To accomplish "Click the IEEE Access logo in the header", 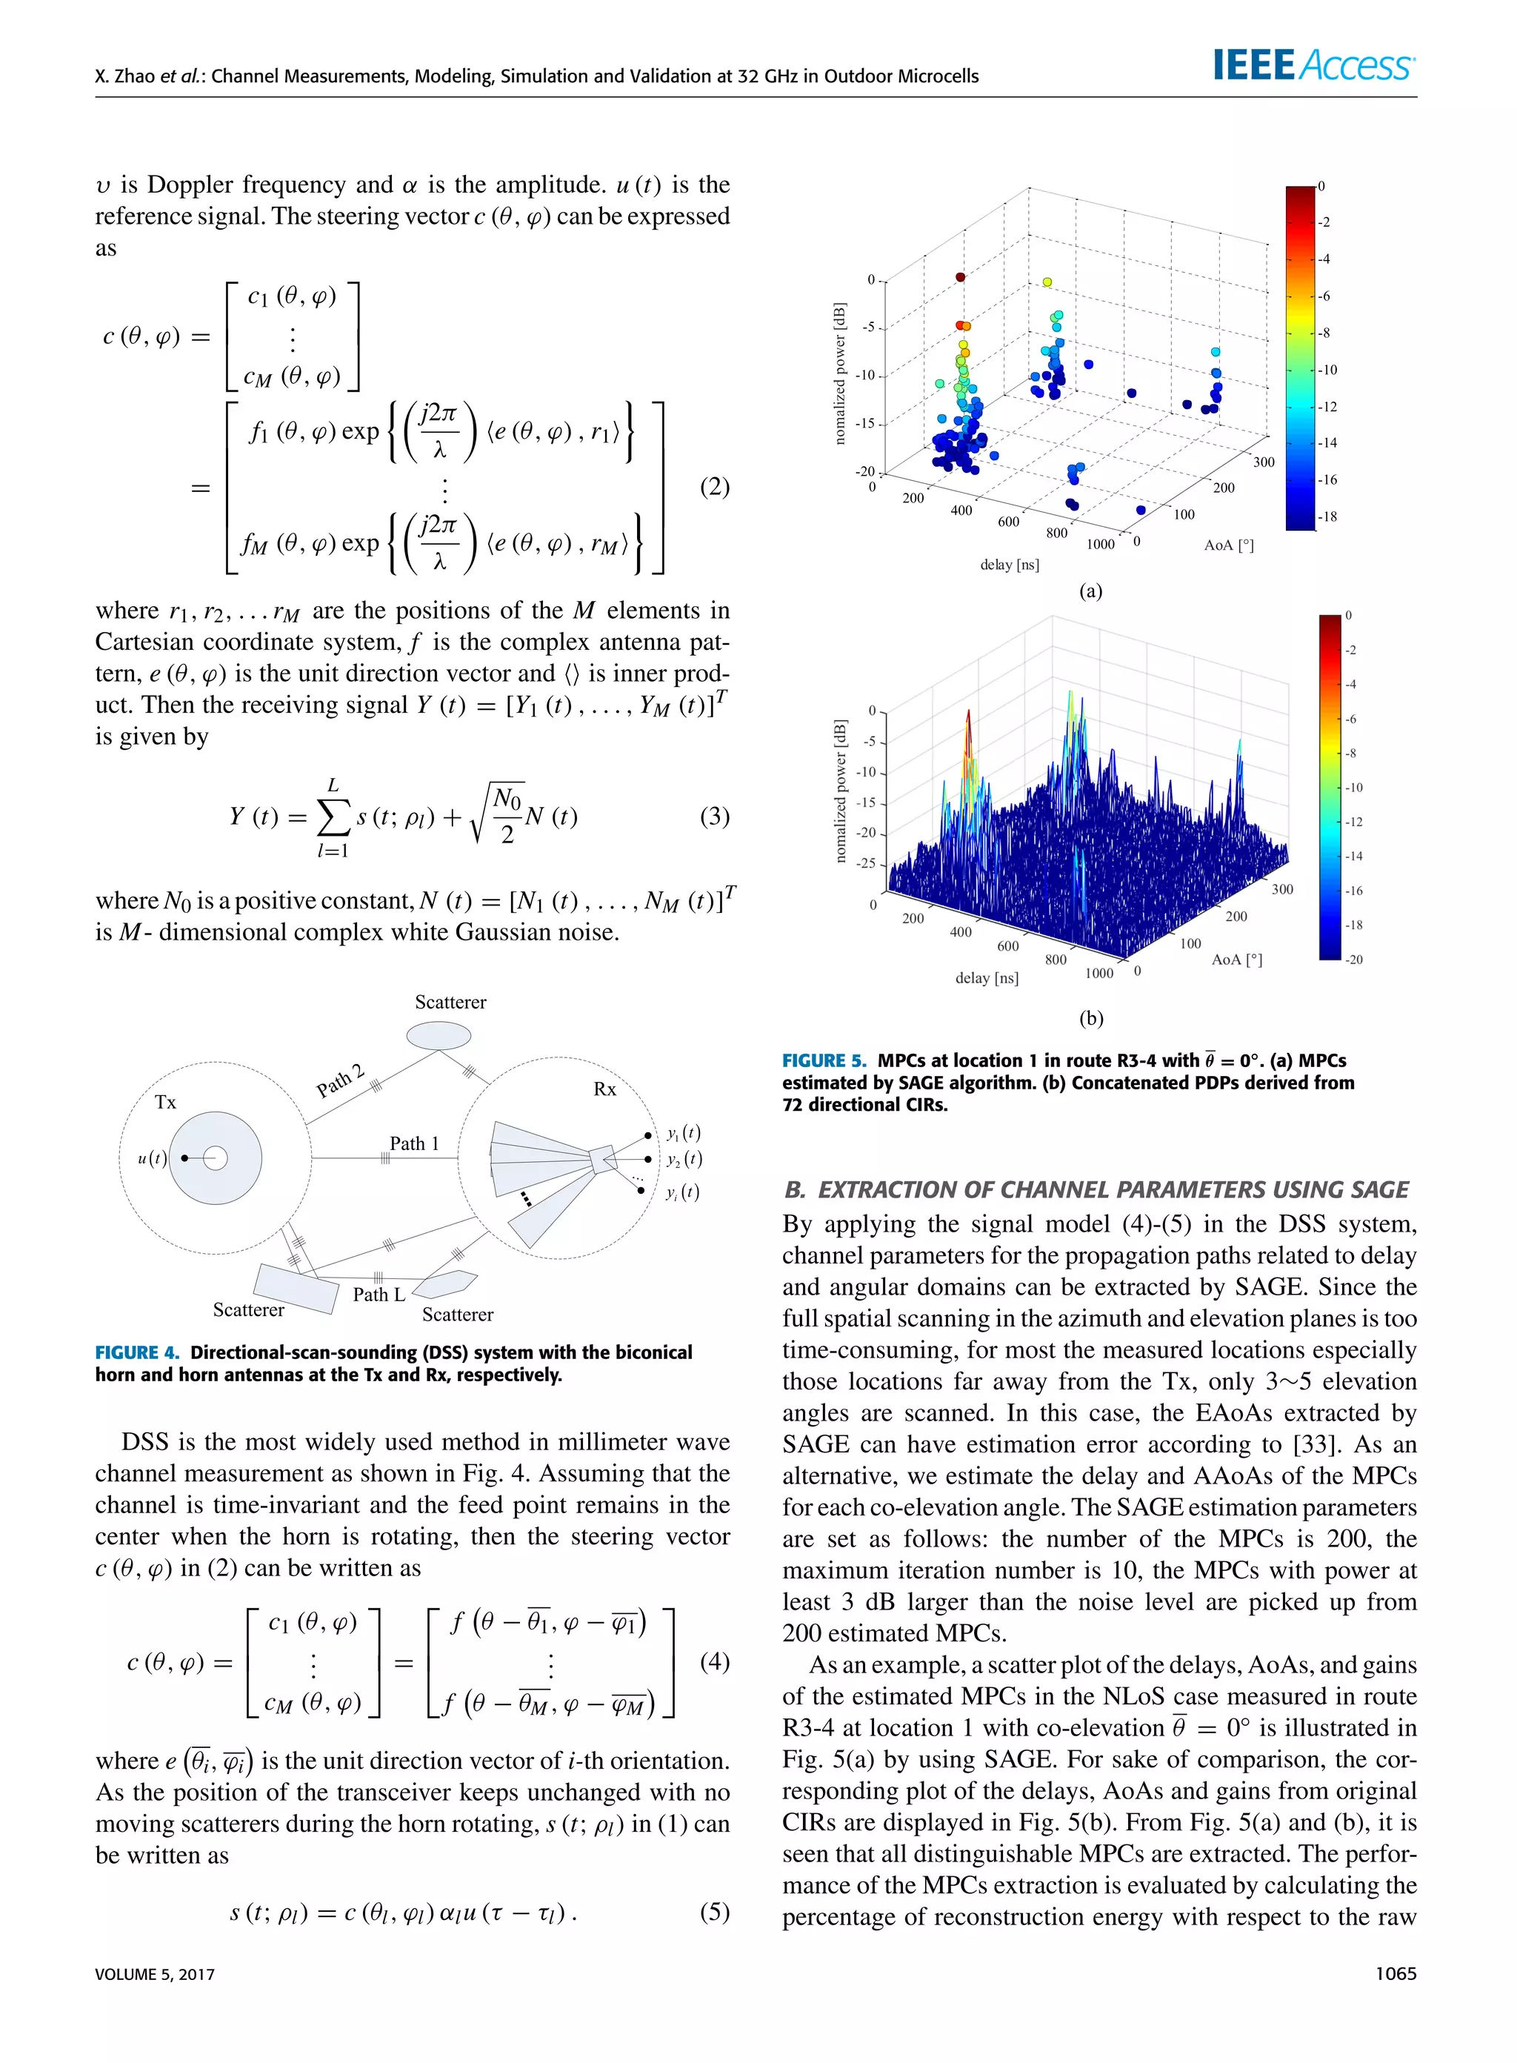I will point(1313,65).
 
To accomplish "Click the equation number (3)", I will point(713,816).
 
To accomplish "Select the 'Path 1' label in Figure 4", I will point(414,1143).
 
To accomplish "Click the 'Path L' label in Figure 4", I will point(379,1295).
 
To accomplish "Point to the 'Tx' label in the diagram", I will point(165,1101).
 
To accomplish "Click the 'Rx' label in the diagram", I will point(604,1089).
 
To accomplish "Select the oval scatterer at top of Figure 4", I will point(439,1036).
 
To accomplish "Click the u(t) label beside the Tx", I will point(152,1158).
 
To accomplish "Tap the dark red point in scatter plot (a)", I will point(961,276).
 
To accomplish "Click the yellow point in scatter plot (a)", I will point(1047,282).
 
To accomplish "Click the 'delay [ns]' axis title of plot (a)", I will point(1009,564).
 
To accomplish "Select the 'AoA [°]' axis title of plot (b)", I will point(1236,959).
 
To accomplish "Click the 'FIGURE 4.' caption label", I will point(137,1352).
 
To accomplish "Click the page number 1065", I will point(1395,1973).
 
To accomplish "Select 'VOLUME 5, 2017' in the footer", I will point(154,1974).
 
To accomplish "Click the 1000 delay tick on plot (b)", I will point(1099,973).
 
